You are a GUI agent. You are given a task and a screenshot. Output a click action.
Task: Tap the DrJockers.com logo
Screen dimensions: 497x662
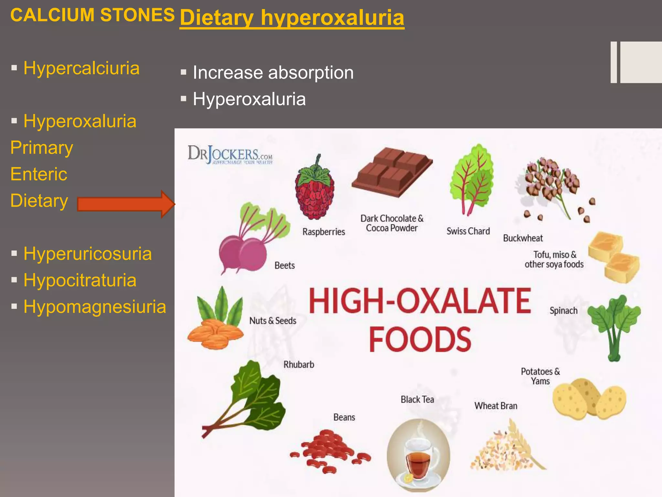230,155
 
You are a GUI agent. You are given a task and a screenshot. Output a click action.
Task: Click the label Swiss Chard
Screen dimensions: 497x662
468,231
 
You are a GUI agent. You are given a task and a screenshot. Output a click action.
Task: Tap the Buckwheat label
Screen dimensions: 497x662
523,238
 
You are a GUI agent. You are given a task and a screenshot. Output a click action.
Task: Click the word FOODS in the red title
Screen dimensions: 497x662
420,339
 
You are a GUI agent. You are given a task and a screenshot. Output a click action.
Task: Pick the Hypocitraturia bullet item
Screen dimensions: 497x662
80,280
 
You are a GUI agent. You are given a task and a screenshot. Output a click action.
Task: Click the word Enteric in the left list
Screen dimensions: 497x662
39,174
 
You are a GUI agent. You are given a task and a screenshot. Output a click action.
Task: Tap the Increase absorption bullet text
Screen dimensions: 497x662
273,72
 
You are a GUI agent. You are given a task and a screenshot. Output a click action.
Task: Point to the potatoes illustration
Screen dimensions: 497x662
588,399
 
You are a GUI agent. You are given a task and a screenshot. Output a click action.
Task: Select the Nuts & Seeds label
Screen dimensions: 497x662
272,321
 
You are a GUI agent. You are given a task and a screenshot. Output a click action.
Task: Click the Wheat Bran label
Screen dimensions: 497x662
496,406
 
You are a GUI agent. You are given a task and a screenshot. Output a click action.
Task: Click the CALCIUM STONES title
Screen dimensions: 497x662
92,15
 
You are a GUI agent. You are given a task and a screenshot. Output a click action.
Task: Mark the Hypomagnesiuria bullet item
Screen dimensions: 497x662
94,307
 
